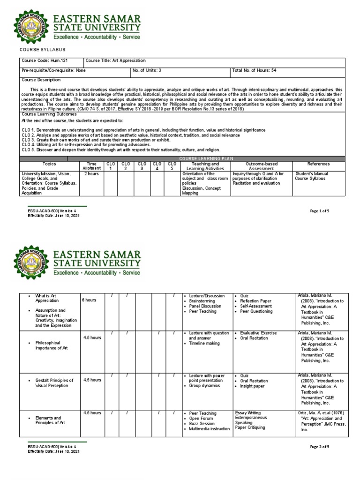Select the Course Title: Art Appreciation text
tap(116, 61)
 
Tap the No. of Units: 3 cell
tap(147, 71)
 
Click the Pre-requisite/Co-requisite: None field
tap(53, 71)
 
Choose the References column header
tap(318, 164)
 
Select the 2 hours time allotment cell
tap(91, 173)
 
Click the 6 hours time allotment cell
tap(90, 300)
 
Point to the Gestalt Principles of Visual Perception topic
tap(54, 383)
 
